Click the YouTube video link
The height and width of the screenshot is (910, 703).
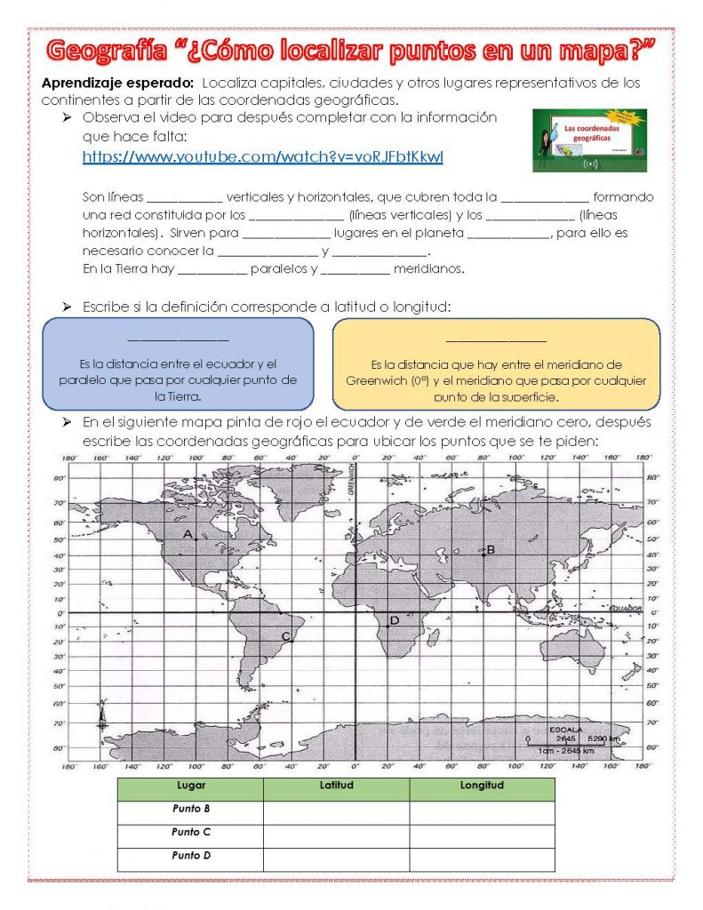point(262,157)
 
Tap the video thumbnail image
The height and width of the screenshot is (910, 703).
point(589,140)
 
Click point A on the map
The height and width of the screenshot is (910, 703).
point(188,534)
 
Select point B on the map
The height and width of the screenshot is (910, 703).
point(490,549)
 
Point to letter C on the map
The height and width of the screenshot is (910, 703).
point(285,636)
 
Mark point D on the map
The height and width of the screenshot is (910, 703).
point(394,620)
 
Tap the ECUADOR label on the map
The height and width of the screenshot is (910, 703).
point(625,608)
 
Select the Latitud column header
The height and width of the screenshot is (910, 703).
point(336,786)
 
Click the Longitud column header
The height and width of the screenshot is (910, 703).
point(482,786)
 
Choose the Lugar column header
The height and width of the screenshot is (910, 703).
point(190,786)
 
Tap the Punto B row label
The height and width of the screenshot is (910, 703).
point(190,810)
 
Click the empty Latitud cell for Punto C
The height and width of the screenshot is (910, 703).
point(336,834)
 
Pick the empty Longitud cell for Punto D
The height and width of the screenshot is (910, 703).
point(482,858)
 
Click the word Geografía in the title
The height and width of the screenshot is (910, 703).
point(106,52)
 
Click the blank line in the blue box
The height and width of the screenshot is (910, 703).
point(178,339)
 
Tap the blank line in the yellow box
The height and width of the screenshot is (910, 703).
point(495,339)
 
